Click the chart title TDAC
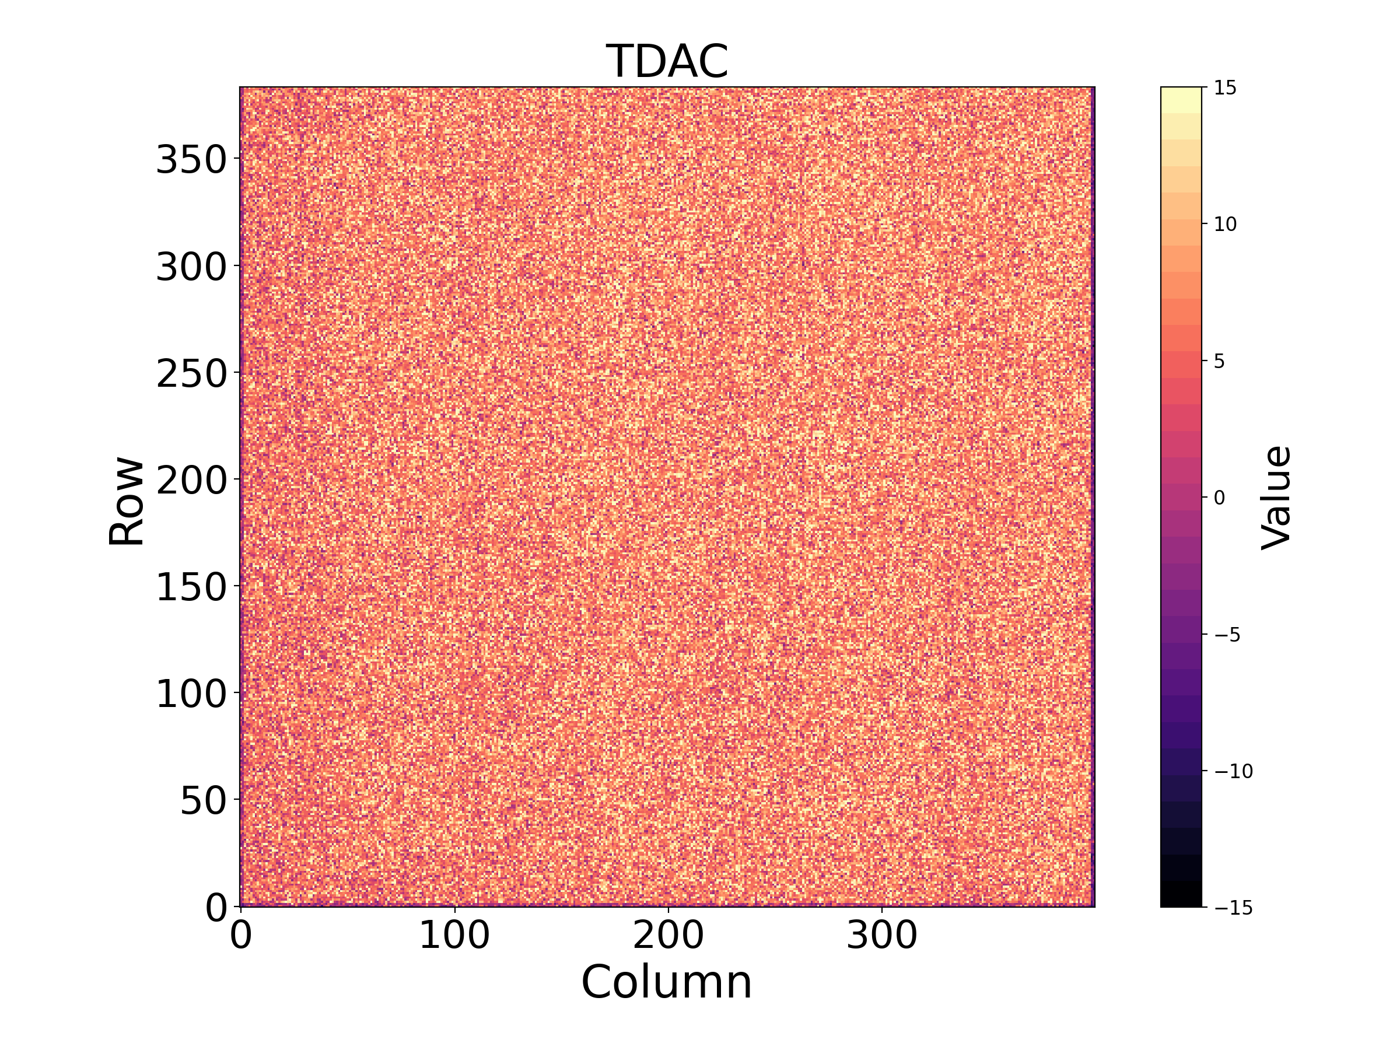click(667, 61)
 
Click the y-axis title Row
click(127, 500)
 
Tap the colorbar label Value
click(1276, 498)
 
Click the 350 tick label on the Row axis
click(191, 159)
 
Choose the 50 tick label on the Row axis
click(203, 801)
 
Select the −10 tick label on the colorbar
click(1234, 771)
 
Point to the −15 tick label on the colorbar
click(1234, 908)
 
